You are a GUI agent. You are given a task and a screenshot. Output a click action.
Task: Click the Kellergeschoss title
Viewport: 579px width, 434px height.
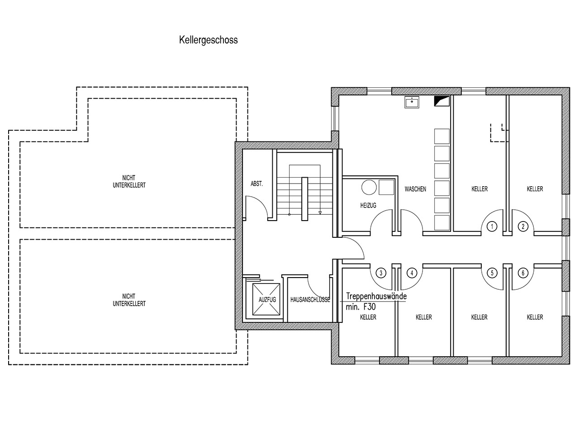pyautogui.click(x=209, y=40)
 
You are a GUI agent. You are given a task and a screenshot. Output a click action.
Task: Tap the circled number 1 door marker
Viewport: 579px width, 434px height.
pyautogui.click(x=492, y=226)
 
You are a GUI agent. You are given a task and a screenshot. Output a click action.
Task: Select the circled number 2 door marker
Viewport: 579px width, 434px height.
pyautogui.click(x=523, y=226)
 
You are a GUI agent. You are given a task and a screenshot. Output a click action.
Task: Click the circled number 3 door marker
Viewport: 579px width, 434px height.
pyautogui.click(x=381, y=273)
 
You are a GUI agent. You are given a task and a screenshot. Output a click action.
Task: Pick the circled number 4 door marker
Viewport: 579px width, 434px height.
pyautogui.click(x=412, y=273)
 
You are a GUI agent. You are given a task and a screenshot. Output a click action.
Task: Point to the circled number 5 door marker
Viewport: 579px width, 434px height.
pyautogui.click(x=492, y=273)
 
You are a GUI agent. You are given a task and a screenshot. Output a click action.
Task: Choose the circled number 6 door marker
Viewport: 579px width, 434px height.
pyautogui.click(x=523, y=273)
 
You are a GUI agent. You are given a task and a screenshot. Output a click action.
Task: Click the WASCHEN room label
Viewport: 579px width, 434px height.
pyautogui.click(x=415, y=189)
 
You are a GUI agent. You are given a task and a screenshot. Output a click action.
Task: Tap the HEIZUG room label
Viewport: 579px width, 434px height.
pyautogui.click(x=368, y=205)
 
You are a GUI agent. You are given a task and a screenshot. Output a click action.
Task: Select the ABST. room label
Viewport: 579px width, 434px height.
pyautogui.click(x=256, y=184)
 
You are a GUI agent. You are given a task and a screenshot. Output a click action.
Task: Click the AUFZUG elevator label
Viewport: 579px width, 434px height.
pyautogui.click(x=267, y=300)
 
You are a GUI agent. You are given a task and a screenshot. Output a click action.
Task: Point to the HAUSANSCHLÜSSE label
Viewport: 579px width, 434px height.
pyautogui.click(x=310, y=300)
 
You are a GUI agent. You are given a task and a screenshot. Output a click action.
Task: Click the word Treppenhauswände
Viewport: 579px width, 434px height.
pyautogui.click(x=376, y=296)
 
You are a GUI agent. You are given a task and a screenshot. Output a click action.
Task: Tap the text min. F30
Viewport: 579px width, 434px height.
pyautogui.click(x=361, y=307)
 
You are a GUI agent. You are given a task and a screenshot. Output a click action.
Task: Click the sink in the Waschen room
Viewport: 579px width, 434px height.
pyautogui.click(x=412, y=102)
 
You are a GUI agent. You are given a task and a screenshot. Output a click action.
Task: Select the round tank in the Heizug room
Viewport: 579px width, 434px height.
pyautogui.click(x=369, y=187)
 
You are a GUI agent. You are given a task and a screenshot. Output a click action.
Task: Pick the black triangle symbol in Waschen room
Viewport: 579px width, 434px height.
pyautogui.click(x=442, y=101)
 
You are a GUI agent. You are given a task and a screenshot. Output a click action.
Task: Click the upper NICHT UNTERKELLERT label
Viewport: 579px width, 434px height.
pyautogui.click(x=129, y=182)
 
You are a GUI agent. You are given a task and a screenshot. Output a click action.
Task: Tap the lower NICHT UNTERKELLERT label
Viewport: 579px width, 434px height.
pyautogui.click(x=129, y=300)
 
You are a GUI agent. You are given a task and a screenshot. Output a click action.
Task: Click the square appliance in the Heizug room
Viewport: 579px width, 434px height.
pyautogui.click(x=386, y=187)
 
